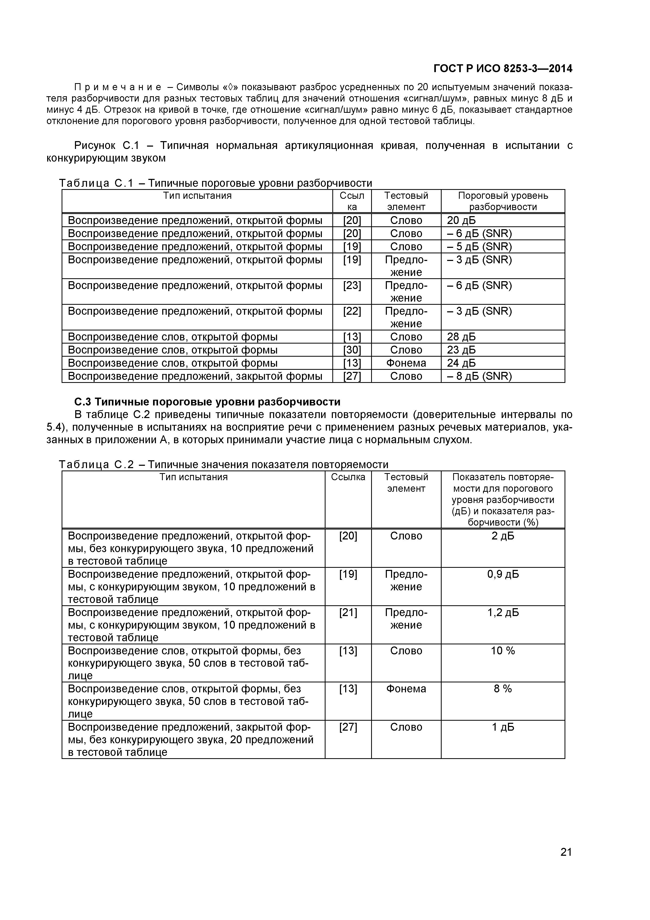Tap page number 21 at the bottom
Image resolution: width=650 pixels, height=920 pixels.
[x=566, y=863]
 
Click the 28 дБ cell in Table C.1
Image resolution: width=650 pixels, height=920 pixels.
[x=461, y=336]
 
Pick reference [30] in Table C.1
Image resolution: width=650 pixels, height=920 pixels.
[x=352, y=350]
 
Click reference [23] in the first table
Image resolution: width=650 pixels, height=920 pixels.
[x=352, y=285]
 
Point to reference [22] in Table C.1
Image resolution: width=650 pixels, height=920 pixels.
[x=352, y=311]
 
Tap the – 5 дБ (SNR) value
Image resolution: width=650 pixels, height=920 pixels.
[x=479, y=247]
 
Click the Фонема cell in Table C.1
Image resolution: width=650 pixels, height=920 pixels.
[x=406, y=363]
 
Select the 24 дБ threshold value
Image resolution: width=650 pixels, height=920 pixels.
[x=461, y=363]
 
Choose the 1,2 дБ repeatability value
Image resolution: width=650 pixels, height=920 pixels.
[x=503, y=612]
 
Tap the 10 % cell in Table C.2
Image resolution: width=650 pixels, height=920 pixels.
[x=503, y=650]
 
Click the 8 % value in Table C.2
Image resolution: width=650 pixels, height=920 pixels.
[x=503, y=688]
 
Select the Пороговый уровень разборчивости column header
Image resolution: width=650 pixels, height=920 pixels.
[x=503, y=201]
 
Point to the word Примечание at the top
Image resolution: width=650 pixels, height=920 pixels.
[x=118, y=87]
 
